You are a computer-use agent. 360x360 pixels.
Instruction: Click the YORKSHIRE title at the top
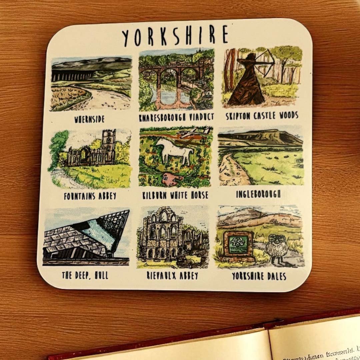pyautogui.click(x=175, y=35)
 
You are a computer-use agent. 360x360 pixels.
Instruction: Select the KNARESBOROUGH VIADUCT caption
pyautogui.click(x=176, y=117)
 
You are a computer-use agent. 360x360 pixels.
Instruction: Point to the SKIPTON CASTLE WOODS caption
pyautogui.click(x=262, y=116)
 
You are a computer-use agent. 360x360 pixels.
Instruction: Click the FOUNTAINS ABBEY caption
pyautogui.click(x=90, y=196)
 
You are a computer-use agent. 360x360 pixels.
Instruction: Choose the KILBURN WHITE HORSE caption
pyautogui.click(x=175, y=195)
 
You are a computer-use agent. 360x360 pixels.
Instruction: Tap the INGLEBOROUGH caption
pyautogui.click(x=258, y=194)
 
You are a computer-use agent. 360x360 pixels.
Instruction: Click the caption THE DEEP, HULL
pyautogui.click(x=85, y=275)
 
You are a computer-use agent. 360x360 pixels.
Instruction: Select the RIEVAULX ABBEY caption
pyautogui.click(x=172, y=276)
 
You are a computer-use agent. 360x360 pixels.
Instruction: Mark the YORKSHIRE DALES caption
pyautogui.click(x=259, y=276)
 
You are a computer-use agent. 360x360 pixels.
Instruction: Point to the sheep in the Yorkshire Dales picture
pyautogui.click(x=276, y=248)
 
